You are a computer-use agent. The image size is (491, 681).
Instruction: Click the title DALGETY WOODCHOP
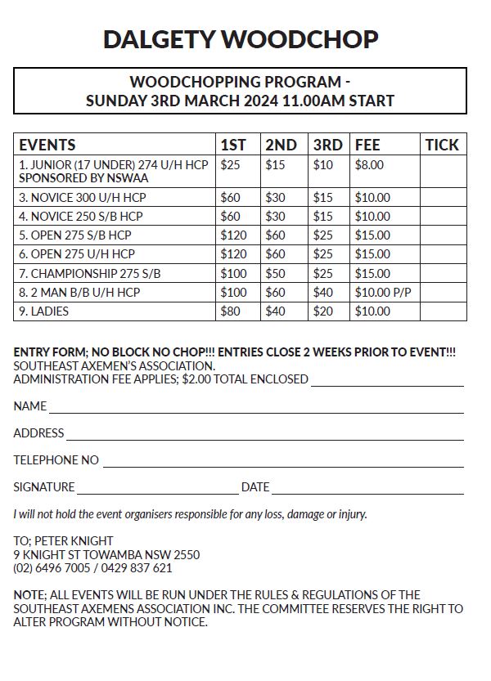coord(241,38)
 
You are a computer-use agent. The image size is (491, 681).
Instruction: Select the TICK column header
coord(442,145)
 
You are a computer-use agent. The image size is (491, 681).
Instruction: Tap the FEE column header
coord(367,145)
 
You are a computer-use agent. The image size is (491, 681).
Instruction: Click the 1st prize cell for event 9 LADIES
coord(230,311)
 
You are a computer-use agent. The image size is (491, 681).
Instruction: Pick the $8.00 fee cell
coord(369,165)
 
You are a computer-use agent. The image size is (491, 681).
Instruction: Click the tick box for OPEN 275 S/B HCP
coord(443,235)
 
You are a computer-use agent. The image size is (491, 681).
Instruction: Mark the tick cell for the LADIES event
coord(443,311)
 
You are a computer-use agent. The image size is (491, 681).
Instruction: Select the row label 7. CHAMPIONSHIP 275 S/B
coord(90,274)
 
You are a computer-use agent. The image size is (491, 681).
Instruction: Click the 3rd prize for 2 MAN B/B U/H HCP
coord(322,293)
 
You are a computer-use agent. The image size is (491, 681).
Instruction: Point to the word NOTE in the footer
coord(29,595)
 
